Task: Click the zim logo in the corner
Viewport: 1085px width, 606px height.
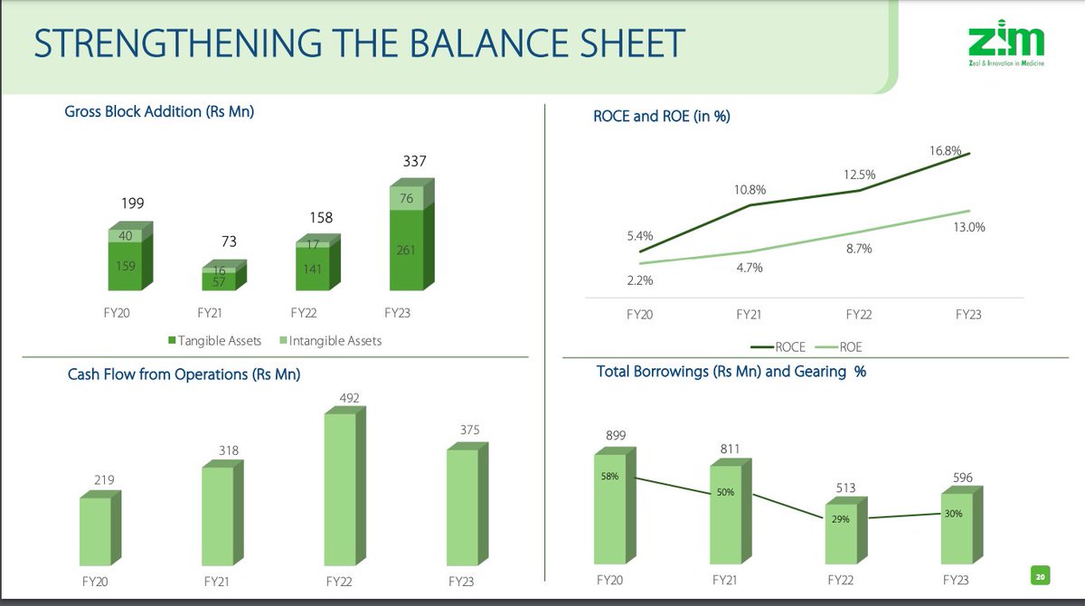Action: [1005, 49]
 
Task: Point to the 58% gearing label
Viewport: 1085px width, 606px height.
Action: [610, 476]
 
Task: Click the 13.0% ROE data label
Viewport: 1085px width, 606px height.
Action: [968, 227]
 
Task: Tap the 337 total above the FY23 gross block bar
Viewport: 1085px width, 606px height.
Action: [414, 162]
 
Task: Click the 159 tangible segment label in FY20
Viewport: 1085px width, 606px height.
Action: [126, 266]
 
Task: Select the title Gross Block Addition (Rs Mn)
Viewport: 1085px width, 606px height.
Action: [160, 112]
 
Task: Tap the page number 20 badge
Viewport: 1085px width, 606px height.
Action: [1040, 574]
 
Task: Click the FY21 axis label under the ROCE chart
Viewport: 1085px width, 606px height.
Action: [749, 315]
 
